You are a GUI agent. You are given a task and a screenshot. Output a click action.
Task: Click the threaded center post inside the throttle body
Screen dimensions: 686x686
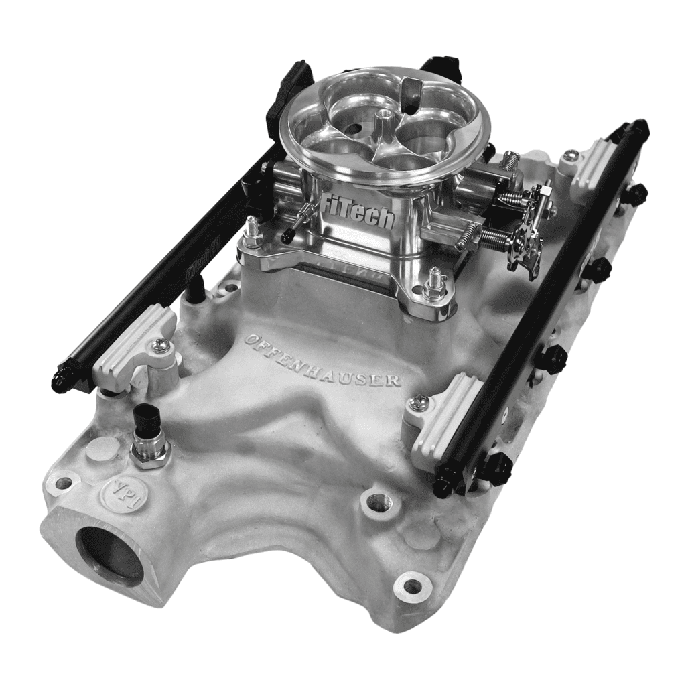384,121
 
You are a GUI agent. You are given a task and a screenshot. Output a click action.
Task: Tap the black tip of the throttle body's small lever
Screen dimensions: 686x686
288,236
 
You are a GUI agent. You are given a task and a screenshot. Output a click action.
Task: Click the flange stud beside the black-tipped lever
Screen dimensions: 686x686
253,231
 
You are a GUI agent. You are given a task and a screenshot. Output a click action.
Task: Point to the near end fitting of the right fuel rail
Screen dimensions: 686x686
445,481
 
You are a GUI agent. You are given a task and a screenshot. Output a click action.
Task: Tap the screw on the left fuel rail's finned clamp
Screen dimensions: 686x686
160,346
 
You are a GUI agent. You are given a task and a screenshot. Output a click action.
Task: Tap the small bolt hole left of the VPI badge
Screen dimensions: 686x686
64,482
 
